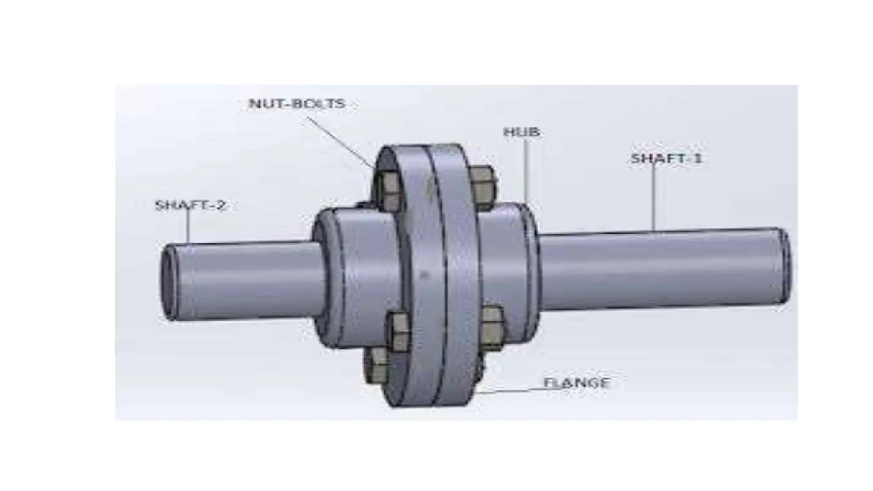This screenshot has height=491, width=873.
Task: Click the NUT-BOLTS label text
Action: [297, 104]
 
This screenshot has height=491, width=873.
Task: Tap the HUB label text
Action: [521, 132]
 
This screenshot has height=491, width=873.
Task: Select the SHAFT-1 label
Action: [665, 159]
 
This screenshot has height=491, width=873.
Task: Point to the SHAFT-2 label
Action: [190, 205]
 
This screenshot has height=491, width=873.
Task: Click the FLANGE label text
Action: [576, 383]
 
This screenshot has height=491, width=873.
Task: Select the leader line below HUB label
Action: [526, 170]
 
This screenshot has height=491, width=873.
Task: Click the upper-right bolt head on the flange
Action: [483, 188]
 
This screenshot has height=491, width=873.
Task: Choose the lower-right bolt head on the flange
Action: [491, 328]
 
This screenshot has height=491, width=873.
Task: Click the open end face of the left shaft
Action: [167, 282]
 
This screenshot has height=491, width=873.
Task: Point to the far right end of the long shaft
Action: [785, 266]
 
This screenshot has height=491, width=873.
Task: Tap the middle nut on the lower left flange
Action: [398, 332]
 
